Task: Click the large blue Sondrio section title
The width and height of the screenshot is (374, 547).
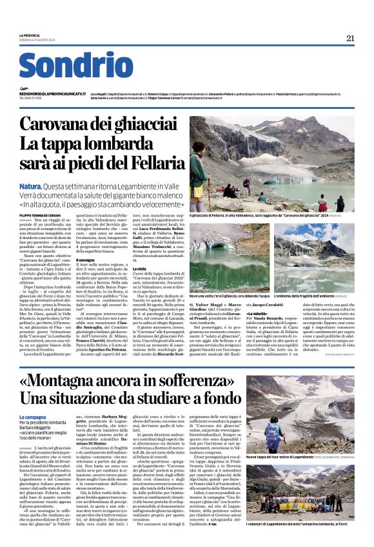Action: (x=75, y=66)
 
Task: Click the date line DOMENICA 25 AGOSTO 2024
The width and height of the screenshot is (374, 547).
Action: (x=38, y=41)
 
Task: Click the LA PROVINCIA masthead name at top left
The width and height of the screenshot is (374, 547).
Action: (x=30, y=35)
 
